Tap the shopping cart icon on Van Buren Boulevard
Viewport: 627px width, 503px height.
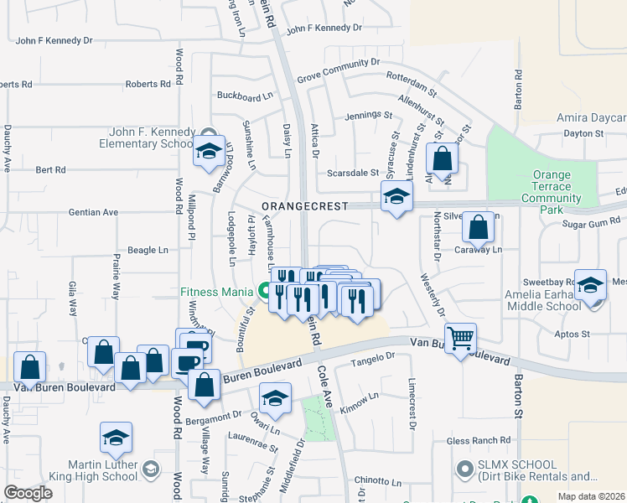coord(460,339)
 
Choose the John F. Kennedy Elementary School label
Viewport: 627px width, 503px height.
coord(151,137)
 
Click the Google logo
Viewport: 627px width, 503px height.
coord(28,493)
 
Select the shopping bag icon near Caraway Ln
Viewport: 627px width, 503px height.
coord(478,227)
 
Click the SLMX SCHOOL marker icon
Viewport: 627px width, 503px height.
coord(461,468)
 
